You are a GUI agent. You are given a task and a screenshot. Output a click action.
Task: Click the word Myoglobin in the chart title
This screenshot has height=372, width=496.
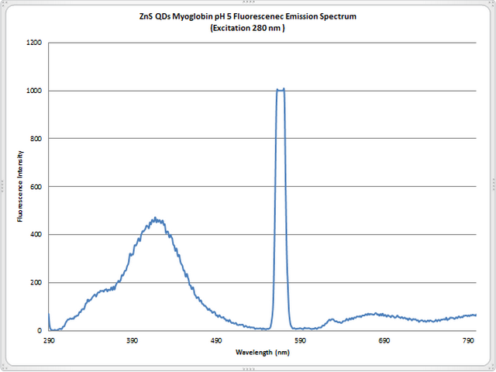(x=204, y=17)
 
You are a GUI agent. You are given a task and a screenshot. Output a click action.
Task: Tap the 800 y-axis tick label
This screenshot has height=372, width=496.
(x=35, y=139)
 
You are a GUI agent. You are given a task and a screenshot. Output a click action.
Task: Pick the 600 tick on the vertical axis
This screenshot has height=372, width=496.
(x=35, y=187)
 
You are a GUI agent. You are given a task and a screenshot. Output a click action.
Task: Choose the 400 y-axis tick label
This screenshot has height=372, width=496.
(x=35, y=235)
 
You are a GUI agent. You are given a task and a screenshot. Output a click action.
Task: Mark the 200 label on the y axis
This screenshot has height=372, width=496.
(x=35, y=283)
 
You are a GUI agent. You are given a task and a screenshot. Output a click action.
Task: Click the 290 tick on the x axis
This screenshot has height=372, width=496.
(x=49, y=340)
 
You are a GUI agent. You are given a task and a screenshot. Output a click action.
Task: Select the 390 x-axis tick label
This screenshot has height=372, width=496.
(x=133, y=340)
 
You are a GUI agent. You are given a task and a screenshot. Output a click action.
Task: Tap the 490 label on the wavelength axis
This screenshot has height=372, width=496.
(x=216, y=340)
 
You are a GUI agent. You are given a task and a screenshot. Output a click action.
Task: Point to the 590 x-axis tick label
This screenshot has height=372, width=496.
(x=301, y=340)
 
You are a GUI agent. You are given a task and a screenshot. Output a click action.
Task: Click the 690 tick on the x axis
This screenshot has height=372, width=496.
(x=384, y=340)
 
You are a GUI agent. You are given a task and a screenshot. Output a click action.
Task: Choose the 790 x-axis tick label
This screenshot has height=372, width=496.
(x=468, y=340)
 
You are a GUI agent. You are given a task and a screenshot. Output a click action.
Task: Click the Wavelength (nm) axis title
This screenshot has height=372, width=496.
(x=262, y=352)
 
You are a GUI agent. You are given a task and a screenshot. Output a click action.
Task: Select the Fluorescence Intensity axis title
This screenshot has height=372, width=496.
(x=19, y=187)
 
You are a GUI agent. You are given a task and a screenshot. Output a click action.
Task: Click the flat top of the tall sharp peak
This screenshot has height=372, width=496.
(x=281, y=90)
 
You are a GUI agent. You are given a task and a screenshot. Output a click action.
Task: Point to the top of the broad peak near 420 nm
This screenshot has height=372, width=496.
(x=156, y=219)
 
